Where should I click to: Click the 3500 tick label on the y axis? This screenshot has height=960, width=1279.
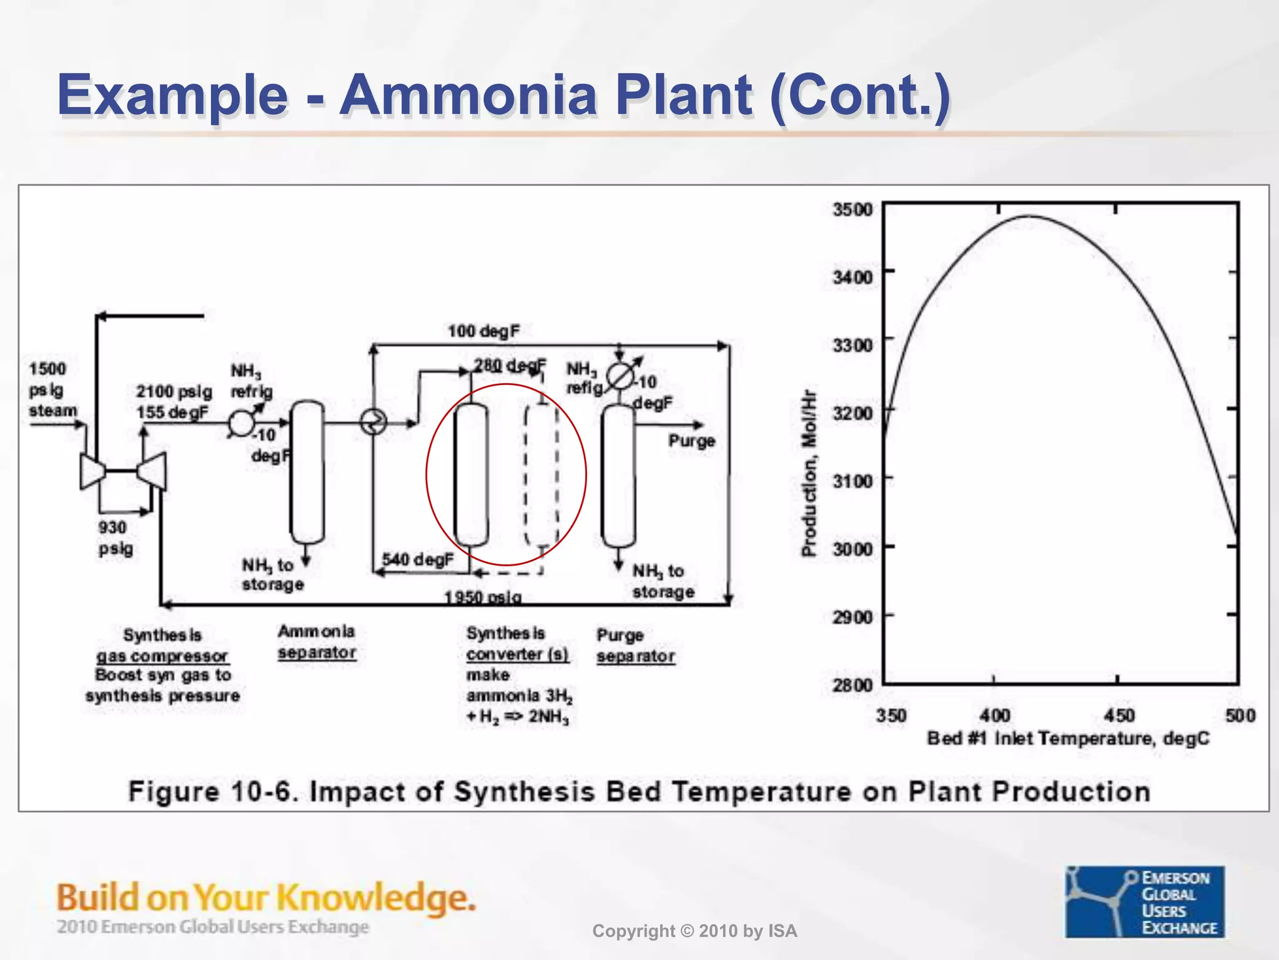coord(852,209)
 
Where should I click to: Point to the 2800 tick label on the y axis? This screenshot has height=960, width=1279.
coord(852,685)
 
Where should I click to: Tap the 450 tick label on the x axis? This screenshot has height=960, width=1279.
coord(1119,715)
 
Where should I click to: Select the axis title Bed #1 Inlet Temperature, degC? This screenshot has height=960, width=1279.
coord(1068,739)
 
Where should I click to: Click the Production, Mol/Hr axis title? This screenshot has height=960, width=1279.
coord(809,473)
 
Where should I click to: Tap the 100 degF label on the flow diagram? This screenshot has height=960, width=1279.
coord(483,331)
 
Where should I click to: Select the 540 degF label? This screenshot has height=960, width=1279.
coord(417,559)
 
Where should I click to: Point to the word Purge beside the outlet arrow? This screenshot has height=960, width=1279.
coord(691,441)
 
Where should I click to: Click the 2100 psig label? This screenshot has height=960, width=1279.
coord(174,392)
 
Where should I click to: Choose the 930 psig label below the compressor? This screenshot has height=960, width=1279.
coord(115,537)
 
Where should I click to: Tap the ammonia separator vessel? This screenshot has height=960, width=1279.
coord(307,472)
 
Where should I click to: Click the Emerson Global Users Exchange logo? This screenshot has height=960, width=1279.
coord(1144,901)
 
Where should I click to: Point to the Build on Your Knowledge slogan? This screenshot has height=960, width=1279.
coord(266,897)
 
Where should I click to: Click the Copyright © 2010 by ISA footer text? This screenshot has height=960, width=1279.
coord(694,931)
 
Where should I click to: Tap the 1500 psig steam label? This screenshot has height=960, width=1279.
coord(52,390)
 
